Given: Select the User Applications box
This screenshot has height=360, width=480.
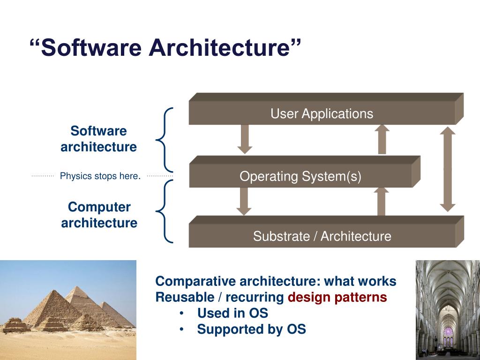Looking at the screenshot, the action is pyautogui.click(x=322, y=113).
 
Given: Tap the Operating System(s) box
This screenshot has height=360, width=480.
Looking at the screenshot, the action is pyautogui.click(x=300, y=176).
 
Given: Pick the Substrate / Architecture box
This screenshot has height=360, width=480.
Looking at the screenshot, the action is pyautogui.click(x=322, y=236).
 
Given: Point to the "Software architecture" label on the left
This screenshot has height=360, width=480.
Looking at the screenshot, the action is pyautogui.click(x=99, y=139).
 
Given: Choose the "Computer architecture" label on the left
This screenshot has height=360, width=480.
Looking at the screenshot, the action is pyautogui.click(x=99, y=215).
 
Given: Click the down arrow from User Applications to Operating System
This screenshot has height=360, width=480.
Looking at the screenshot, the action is pyautogui.click(x=245, y=139).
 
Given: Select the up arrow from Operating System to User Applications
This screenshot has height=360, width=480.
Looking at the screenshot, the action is pyautogui.click(x=382, y=139).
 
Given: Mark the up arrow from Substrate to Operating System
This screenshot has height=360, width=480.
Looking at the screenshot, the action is pyautogui.click(x=382, y=201).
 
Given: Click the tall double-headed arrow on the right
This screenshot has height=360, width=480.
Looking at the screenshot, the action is pyautogui.click(x=448, y=169).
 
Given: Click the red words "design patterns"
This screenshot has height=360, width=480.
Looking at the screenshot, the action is pyautogui.click(x=337, y=297).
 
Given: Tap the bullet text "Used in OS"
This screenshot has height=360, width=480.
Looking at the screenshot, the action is pyautogui.click(x=232, y=313).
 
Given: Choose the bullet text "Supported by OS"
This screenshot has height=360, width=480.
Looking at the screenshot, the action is pyautogui.click(x=251, y=329).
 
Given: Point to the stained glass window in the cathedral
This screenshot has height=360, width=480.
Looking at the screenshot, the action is pyautogui.click(x=449, y=332).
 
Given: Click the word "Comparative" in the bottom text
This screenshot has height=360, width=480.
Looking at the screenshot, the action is pyautogui.click(x=195, y=281).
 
